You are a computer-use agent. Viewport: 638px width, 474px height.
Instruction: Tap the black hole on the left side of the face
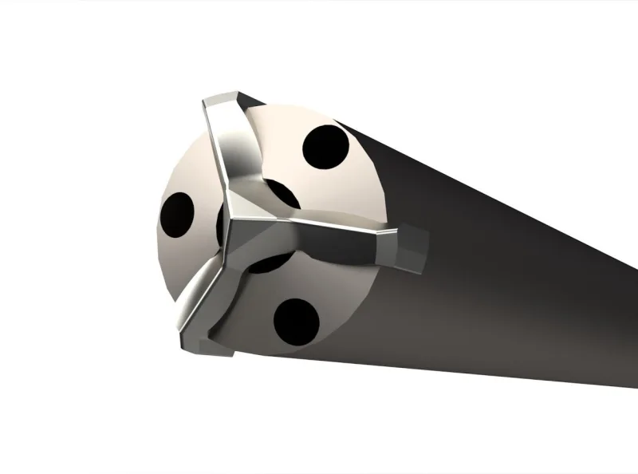click(x=177, y=213)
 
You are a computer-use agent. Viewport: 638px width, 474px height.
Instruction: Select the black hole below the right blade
click(x=296, y=321)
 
